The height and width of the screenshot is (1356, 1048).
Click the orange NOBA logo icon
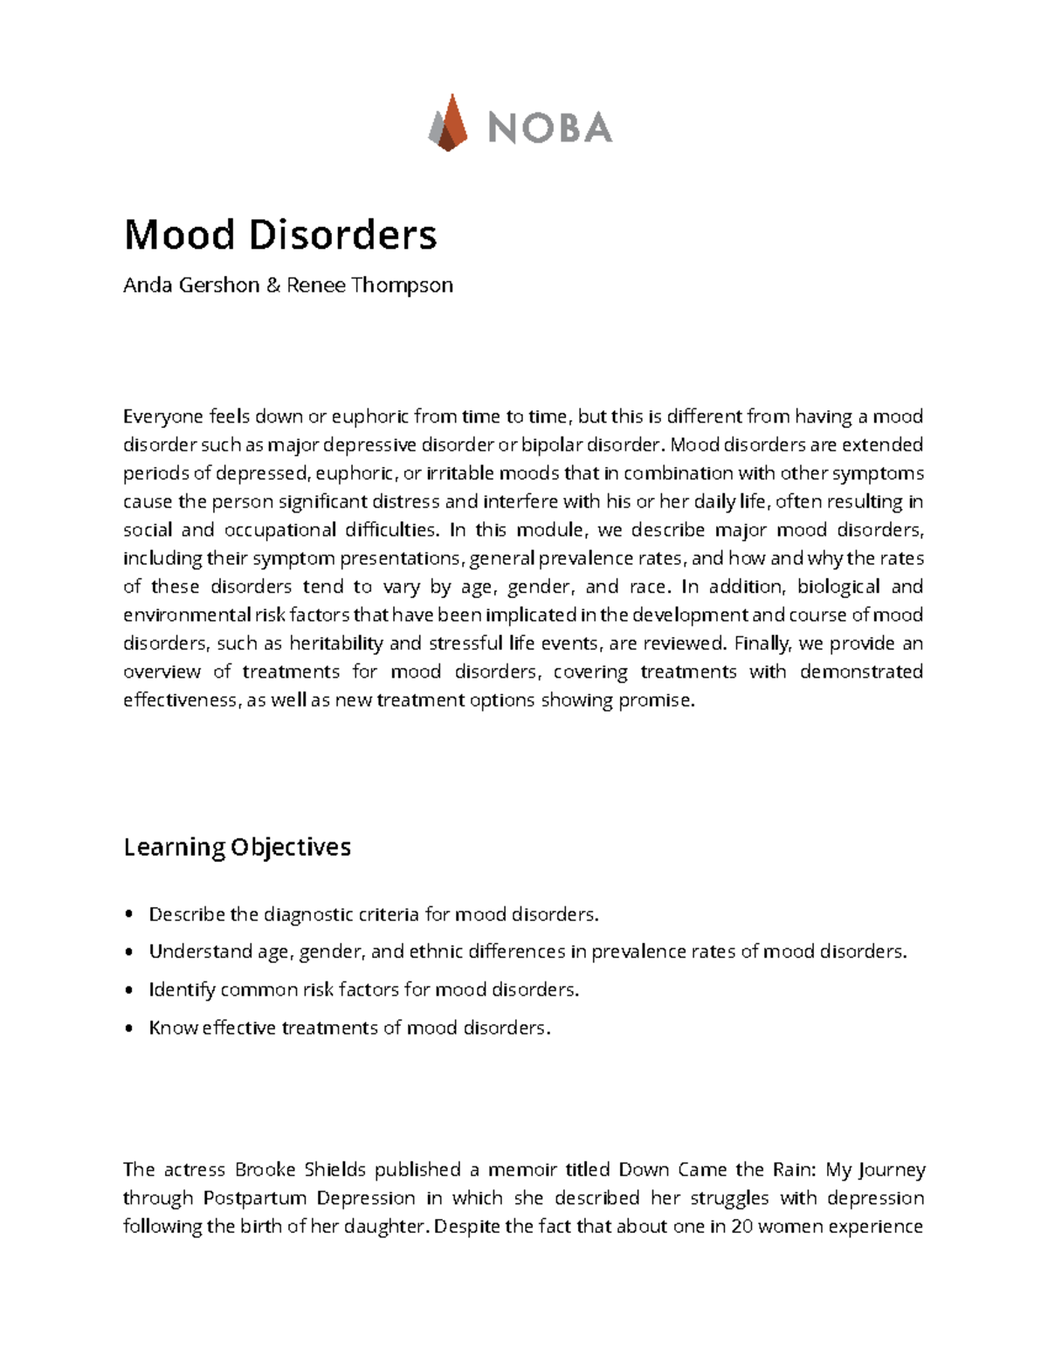448,123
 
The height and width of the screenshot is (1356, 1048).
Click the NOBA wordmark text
550,128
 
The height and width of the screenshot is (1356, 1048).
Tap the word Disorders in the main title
343,234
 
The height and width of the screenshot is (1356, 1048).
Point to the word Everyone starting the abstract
162,416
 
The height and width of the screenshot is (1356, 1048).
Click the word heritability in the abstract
336,644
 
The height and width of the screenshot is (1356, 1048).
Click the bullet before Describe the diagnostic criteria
129,915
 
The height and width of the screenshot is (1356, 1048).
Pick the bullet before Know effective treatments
129,1029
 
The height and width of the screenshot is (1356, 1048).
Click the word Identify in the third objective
182,989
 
